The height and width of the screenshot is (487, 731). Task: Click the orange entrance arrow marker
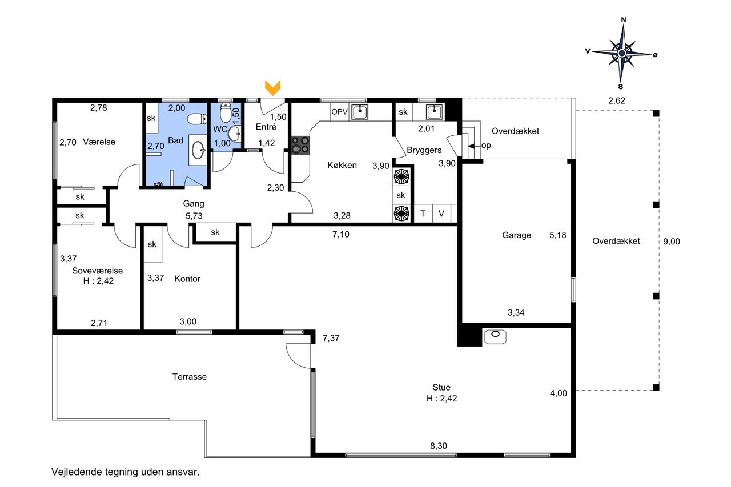pos(272,88)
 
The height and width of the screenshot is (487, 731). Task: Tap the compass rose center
pos(622,53)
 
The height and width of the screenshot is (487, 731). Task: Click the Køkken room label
pos(342,165)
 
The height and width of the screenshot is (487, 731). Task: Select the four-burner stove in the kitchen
pos(300,145)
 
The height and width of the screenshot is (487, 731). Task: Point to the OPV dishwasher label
pos(339,112)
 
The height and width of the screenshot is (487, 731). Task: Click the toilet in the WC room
pos(226,112)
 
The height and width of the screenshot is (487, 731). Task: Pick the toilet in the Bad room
pos(197,119)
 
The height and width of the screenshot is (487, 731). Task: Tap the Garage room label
pos(517,235)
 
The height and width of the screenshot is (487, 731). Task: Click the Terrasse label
pos(190,377)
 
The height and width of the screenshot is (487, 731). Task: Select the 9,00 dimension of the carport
pos(672,242)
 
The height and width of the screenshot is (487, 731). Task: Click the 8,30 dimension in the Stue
pos(439,445)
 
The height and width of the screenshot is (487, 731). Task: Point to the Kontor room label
pos(187,279)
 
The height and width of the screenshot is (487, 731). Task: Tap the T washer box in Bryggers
pos(423,214)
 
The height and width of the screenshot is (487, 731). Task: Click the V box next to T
pos(441,214)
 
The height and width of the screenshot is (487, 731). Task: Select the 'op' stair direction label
pos(486,146)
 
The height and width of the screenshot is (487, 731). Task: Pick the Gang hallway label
pos(194,204)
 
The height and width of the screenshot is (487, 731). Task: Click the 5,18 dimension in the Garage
pos(558,235)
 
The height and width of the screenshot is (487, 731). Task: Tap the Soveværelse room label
pos(98,271)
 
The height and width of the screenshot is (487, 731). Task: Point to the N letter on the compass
pos(624,20)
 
